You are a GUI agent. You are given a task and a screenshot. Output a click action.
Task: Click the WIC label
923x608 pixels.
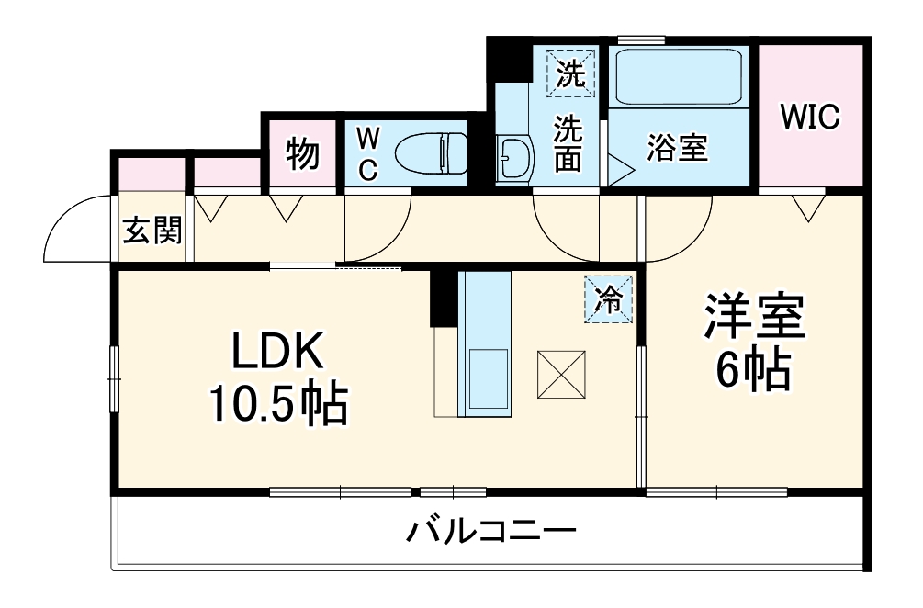pos(810,117)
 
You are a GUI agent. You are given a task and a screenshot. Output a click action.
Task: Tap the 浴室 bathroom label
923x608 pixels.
pos(678,149)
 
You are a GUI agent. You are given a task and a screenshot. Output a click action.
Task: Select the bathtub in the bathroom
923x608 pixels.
pos(679,78)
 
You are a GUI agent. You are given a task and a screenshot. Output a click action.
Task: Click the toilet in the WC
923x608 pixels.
pos(432,152)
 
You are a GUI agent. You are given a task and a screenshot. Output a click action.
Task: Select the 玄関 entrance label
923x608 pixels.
pos(152,231)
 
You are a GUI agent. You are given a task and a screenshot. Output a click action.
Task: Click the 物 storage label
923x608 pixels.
pos(302,153)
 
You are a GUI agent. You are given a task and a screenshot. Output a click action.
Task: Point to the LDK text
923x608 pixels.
pos(277,353)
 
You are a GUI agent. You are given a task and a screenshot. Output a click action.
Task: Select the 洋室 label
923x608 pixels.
pos(754,318)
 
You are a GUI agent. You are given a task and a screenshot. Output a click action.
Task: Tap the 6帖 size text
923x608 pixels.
pos(754,370)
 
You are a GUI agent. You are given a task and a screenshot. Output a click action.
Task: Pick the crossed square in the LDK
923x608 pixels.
pos(560,376)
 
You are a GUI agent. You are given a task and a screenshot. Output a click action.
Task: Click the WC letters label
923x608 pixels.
pos(367,153)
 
